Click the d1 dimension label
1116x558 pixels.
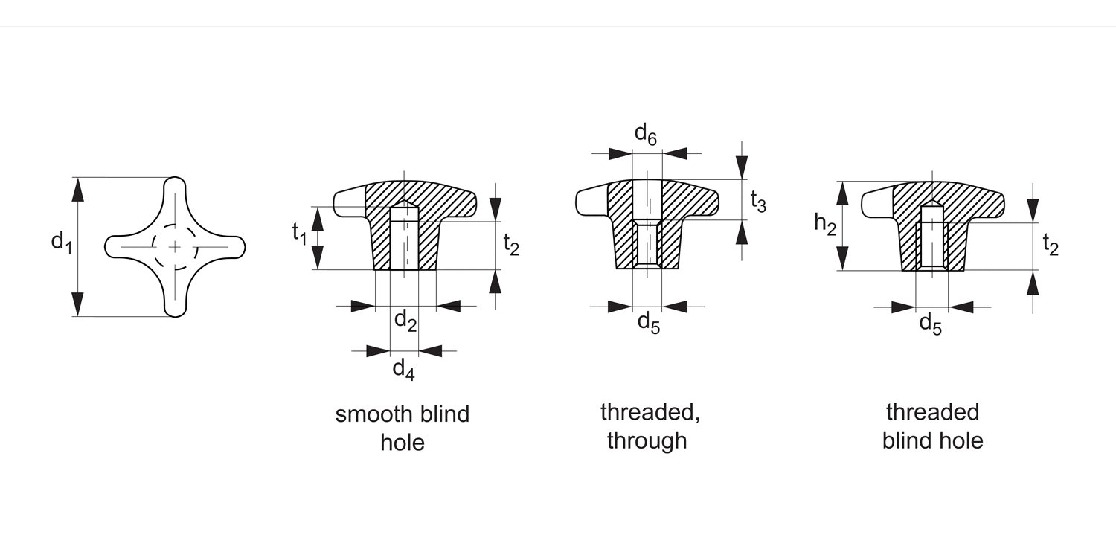pos(61,243)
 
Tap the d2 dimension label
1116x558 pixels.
pos(405,321)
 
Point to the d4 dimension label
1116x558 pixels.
pos(403,368)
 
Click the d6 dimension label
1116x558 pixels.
pos(646,134)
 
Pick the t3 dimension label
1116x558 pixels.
pos(757,201)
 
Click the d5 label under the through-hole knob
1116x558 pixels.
pos(649,323)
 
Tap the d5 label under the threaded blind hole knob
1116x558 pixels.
pos(931,323)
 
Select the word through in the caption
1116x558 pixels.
pos(647,440)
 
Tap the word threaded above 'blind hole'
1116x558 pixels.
pos(932,412)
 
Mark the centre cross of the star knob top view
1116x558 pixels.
pos(175,246)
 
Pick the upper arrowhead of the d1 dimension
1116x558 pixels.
pos(77,190)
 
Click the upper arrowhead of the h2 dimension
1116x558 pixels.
pos(842,193)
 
